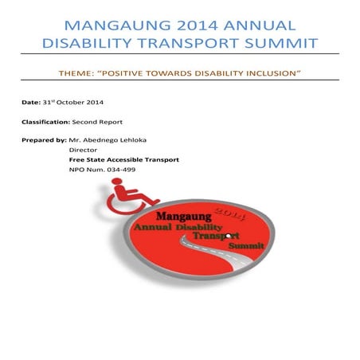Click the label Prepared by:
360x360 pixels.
coord(45,140)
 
